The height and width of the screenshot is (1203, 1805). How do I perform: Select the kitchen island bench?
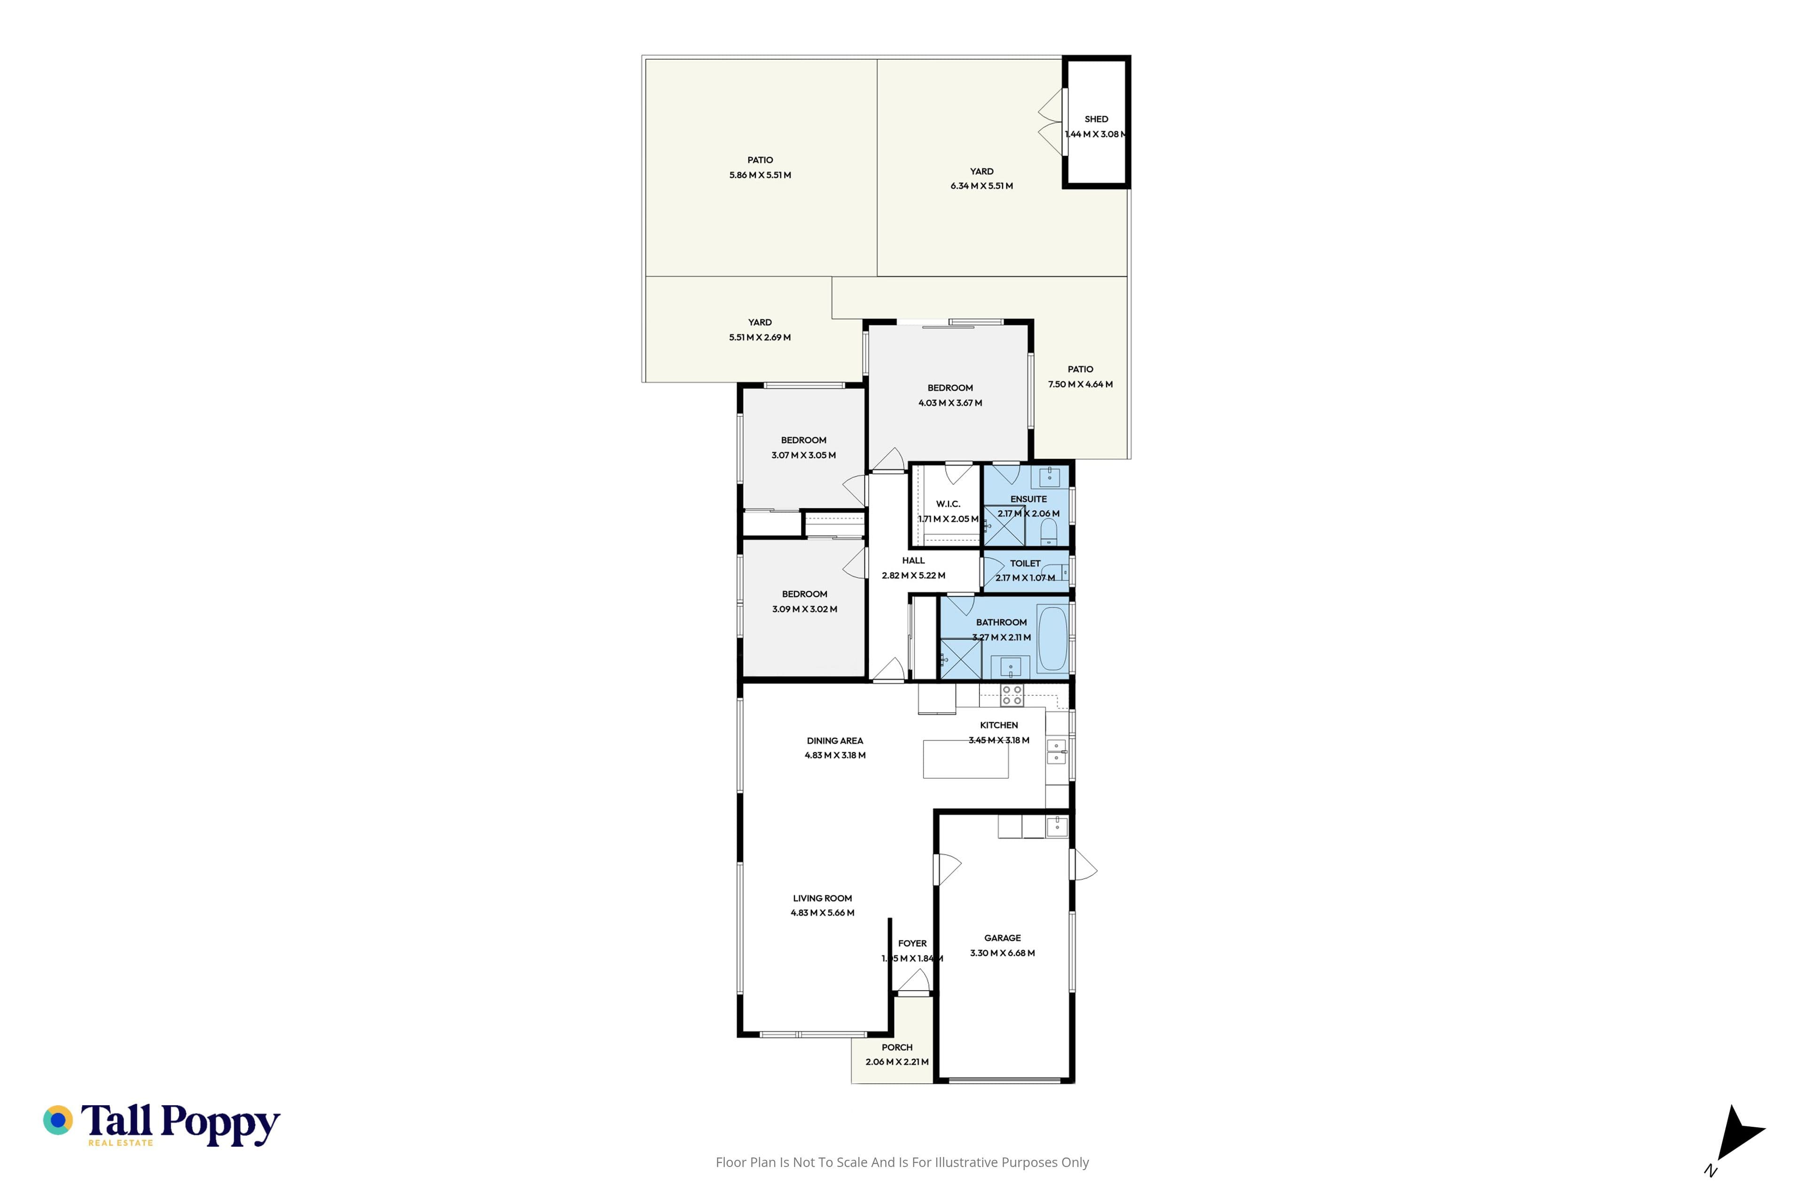[965, 759]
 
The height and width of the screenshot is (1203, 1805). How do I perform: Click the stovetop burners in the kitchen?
[1012, 695]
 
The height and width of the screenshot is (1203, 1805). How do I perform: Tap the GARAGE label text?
[1002, 937]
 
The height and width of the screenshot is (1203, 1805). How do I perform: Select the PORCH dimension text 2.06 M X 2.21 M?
[897, 1062]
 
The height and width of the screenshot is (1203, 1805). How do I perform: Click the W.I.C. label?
[948, 504]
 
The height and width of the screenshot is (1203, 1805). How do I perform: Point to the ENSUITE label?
[1028, 499]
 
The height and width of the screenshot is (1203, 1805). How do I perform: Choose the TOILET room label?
[1025, 563]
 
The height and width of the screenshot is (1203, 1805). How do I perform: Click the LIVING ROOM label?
[823, 898]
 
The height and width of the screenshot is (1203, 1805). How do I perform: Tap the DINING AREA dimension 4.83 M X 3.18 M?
[835, 755]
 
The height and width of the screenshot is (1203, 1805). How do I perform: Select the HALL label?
[913, 560]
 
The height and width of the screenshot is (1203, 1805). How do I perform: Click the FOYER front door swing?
[913, 981]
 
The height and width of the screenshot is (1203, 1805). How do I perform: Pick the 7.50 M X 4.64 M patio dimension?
[1081, 383]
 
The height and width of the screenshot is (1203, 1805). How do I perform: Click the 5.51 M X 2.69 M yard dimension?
[760, 337]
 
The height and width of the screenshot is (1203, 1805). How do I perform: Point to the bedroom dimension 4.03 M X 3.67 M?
[950, 403]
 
